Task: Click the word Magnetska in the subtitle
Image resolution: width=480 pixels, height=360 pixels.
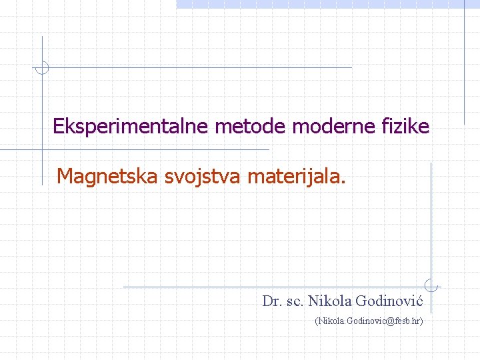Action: [x=107, y=176]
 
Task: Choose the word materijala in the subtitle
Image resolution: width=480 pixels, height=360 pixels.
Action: [x=295, y=177]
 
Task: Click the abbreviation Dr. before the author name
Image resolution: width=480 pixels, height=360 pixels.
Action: [x=271, y=301]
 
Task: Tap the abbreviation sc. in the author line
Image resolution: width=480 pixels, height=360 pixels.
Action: [x=294, y=301]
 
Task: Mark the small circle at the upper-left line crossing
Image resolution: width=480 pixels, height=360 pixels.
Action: [x=42, y=67]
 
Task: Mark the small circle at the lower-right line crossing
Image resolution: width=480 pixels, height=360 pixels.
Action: [x=431, y=286]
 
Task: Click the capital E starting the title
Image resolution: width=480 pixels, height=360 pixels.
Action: [x=58, y=126]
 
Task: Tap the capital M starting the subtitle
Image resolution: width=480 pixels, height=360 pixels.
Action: [x=65, y=176]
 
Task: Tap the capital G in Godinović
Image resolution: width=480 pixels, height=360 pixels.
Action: [x=362, y=301]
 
